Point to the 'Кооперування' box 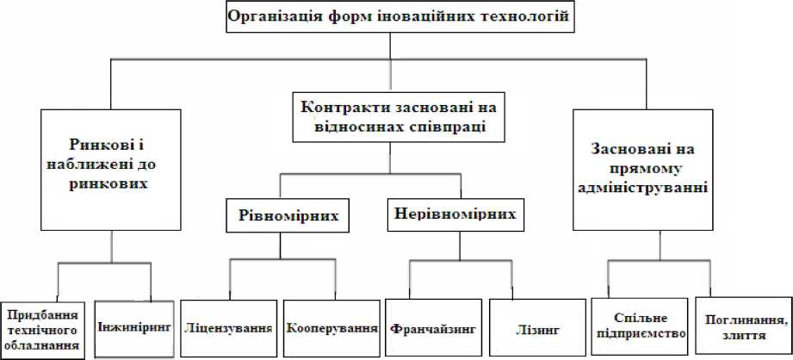[332, 328]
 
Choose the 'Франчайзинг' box [431, 328]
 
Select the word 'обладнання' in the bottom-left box [42, 347]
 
